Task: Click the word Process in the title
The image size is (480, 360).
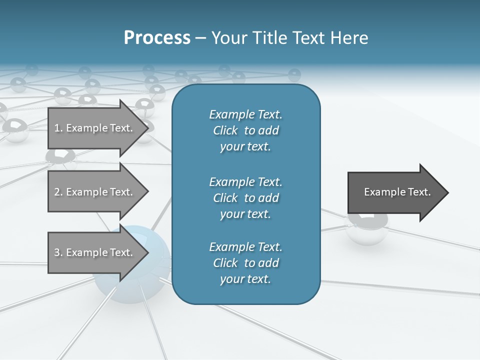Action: [157, 38]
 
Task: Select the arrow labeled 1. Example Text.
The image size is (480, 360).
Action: [95, 128]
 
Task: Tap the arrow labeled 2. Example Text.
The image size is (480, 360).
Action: [95, 192]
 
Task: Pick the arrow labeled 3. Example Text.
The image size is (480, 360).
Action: [95, 252]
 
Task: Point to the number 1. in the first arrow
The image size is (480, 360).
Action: [58, 128]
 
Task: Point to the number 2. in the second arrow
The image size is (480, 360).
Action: [58, 192]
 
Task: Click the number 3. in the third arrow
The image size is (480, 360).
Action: [58, 252]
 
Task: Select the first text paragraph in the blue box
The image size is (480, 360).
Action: [245, 130]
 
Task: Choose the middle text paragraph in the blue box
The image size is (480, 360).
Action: [245, 197]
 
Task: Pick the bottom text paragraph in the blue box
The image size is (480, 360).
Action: [245, 263]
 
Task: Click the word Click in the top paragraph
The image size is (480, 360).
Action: [225, 130]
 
